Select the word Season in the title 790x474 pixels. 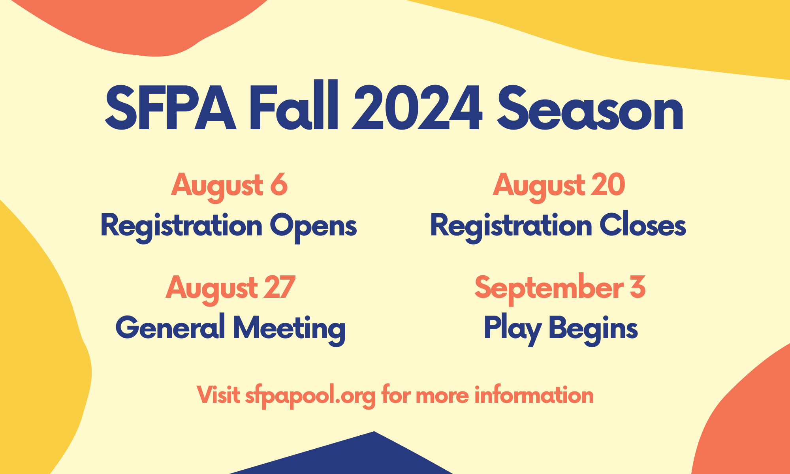(x=590, y=108)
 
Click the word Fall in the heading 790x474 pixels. (x=293, y=106)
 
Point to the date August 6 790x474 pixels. (x=229, y=186)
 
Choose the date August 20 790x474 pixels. (x=559, y=186)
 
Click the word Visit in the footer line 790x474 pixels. (x=218, y=395)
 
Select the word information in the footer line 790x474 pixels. (x=534, y=395)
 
